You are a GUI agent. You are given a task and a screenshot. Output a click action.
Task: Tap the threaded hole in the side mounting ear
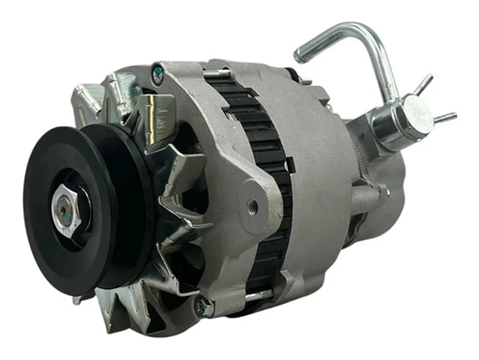pos(253,207)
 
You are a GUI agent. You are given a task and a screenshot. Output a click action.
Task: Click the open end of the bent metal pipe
pos(300,54)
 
